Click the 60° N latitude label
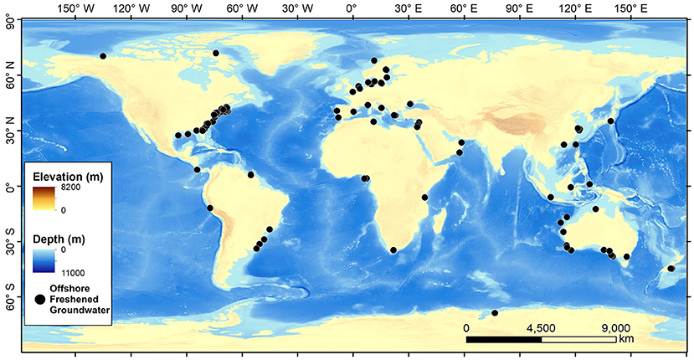pyautogui.click(x=10, y=76)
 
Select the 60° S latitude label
pyautogui.click(x=10, y=298)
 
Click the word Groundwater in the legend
pyautogui.click(x=80, y=311)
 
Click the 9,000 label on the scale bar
pyautogui.click(x=615, y=328)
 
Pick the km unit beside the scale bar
pyautogui.click(x=626, y=340)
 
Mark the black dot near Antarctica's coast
pyautogui.click(x=495, y=313)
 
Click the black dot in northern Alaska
pyautogui.click(x=103, y=56)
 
